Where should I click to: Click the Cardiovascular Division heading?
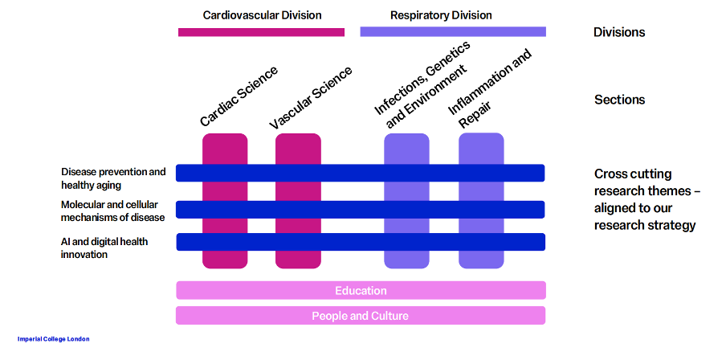(262, 15)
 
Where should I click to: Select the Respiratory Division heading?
(441, 15)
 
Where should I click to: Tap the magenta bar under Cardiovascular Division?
(261, 32)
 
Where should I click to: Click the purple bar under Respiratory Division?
(453, 31)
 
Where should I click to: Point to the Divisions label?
(619, 33)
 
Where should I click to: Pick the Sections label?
(619, 100)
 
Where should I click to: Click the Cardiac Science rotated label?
(239, 96)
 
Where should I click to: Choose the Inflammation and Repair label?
(490, 89)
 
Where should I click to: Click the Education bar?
(361, 290)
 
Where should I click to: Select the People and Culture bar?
(361, 315)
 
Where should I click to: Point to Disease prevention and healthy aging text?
(113, 178)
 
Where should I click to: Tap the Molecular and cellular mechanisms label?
(113, 211)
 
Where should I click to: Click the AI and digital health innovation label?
(104, 247)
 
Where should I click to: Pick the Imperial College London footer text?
(54, 339)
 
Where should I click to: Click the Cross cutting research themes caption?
(645, 199)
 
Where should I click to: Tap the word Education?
(361, 290)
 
